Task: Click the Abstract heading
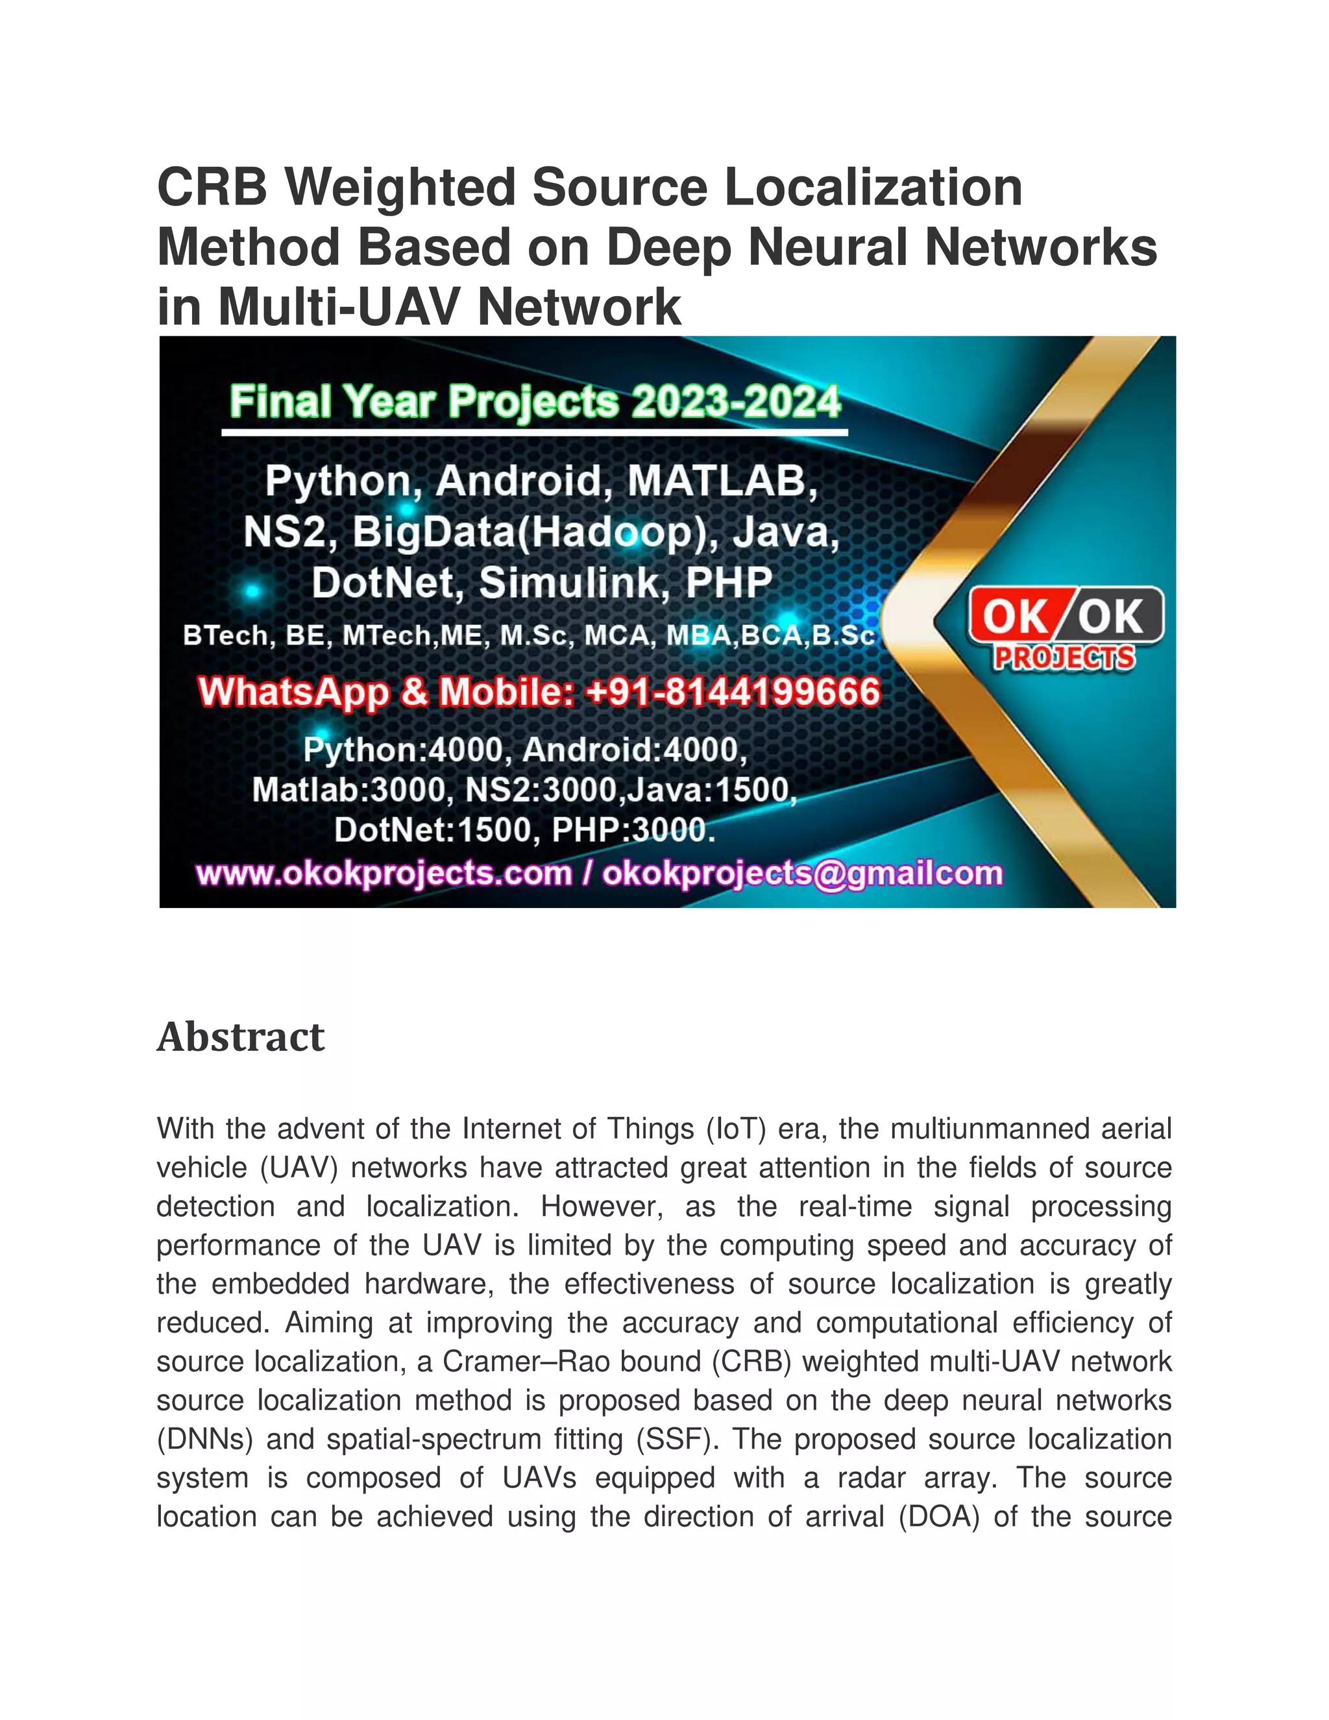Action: point(240,1037)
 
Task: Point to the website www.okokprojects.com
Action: point(384,874)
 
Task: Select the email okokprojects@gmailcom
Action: point(802,874)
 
